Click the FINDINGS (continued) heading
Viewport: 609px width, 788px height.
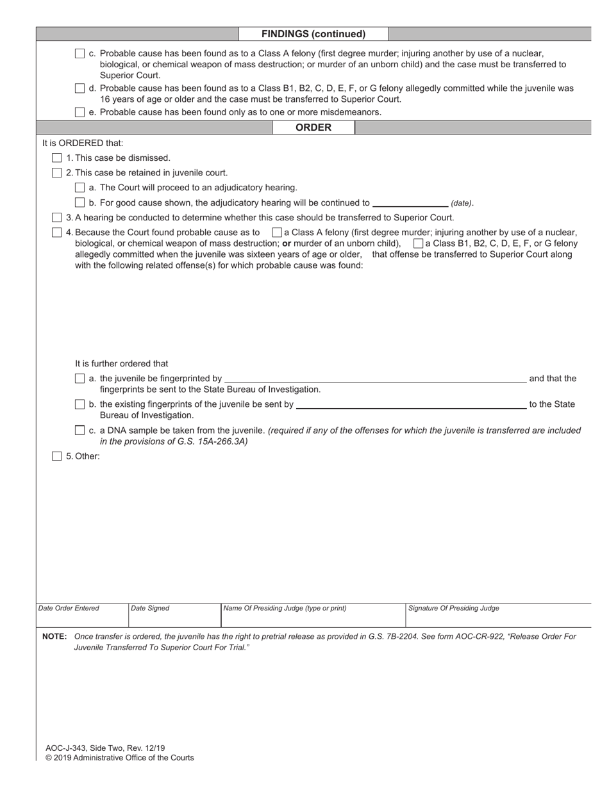pos(313,34)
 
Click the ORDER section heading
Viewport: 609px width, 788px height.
pos(313,127)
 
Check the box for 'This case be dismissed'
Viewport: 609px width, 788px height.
pos(57,158)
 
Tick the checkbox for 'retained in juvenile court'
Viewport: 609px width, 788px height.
pos(57,172)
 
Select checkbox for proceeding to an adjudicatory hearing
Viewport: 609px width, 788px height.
pos(79,188)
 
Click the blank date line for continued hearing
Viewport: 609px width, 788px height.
pos(410,202)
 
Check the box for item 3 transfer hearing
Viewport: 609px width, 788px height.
pos(57,217)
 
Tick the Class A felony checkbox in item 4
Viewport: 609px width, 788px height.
pos(277,233)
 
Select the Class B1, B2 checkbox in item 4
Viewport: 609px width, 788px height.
pos(418,243)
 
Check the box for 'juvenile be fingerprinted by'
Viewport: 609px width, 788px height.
pos(79,379)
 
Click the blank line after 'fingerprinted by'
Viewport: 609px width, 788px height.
pos(375,379)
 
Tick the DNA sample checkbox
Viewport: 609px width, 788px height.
pos(79,431)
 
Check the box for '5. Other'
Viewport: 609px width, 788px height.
pos(57,456)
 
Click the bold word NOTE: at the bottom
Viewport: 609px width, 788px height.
pos(54,637)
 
